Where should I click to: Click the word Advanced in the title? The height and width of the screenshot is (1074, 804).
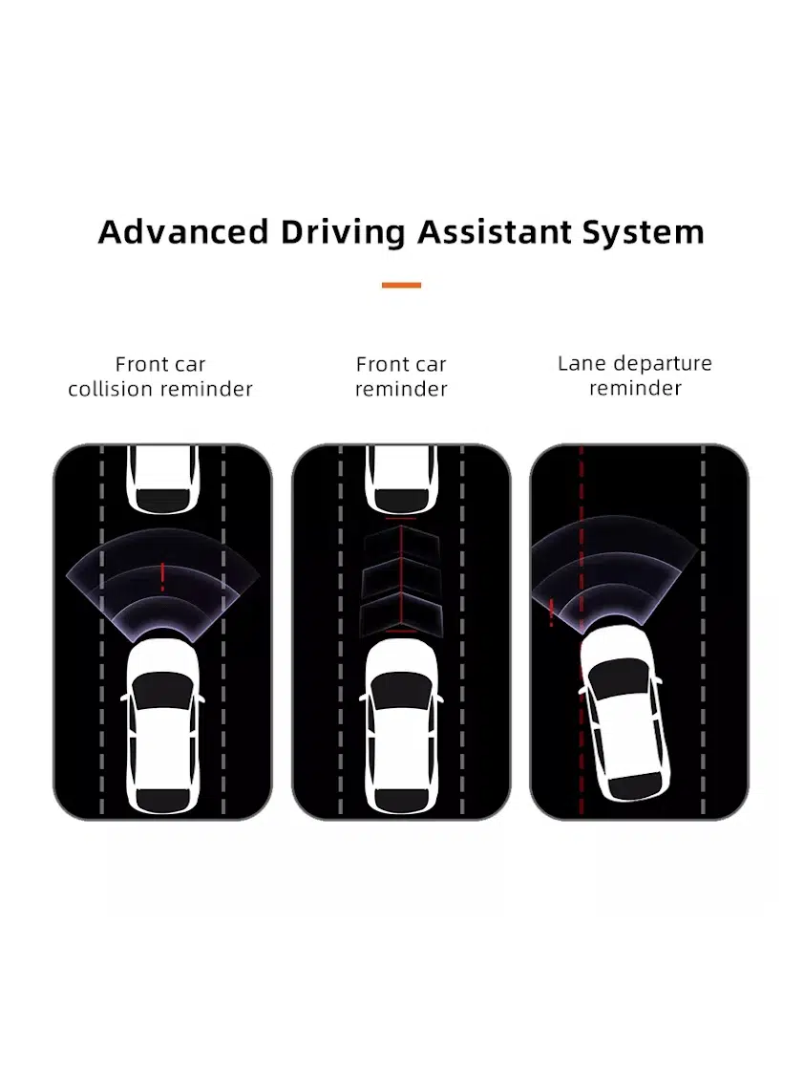183,232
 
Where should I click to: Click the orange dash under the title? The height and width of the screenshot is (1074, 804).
401,285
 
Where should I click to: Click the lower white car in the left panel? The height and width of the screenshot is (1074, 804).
162,726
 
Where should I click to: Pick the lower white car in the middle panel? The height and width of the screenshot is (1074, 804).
401,726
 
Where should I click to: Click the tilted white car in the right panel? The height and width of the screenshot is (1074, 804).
622,712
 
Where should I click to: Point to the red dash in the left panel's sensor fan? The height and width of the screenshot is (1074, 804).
162,576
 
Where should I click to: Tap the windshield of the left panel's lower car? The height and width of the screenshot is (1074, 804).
162,689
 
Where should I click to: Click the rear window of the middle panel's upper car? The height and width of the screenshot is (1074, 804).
402,500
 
